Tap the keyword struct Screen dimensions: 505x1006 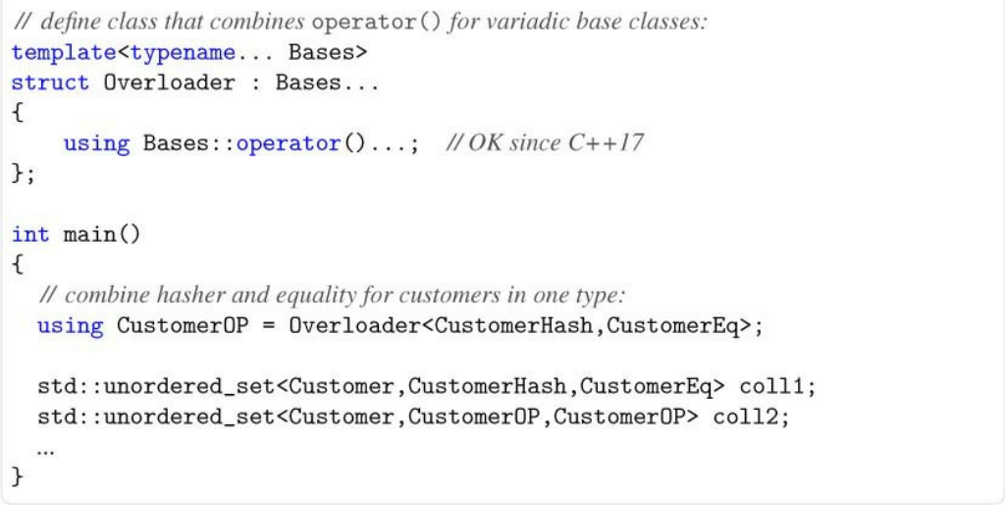click(50, 83)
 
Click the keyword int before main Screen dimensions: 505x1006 click(30, 235)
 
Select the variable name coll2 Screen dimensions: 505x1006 click(751, 417)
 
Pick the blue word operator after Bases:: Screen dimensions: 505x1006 click(289, 143)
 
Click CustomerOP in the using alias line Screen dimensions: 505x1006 click(183, 325)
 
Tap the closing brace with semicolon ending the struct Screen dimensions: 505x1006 click(24, 174)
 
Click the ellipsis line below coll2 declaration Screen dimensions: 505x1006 click(45, 450)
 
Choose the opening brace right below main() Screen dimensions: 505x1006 click(18, 264)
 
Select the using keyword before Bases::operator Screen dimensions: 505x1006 click(96, 143)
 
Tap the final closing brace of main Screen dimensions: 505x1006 click(18, 477)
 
